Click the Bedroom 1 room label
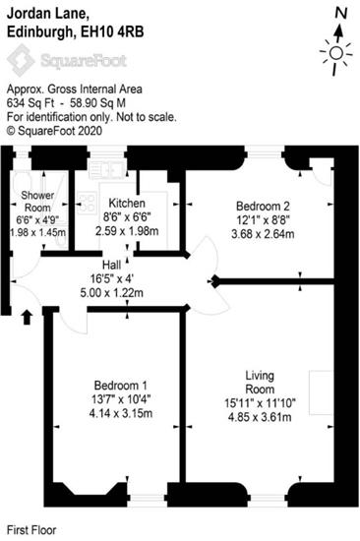(120, 385)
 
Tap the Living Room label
(260, 383)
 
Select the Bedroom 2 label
(263, 206)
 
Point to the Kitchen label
(127, 203)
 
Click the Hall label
(111, 265)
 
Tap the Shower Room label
(37, 202)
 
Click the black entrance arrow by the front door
(28, 318)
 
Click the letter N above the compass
(341, 14)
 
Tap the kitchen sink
(107, 169)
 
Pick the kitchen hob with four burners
(87, 203)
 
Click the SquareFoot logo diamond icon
(21, 60)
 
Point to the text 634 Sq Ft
(30, 103)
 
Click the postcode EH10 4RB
(112, 32)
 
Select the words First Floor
(31, 530)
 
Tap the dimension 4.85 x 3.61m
(260, 417)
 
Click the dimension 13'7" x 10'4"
(121, 399)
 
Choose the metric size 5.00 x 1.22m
(111, 293)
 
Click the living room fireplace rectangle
(321, 392)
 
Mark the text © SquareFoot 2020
(54, 131)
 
